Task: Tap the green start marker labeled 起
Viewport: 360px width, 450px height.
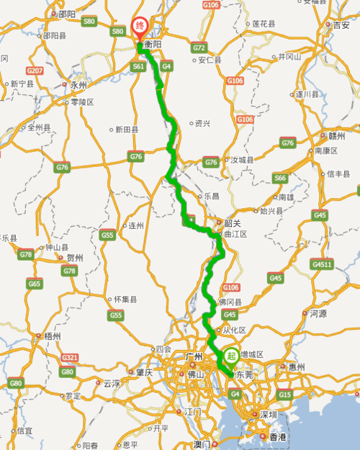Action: point(231,355)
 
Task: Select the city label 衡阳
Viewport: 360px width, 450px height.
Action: point(152,44)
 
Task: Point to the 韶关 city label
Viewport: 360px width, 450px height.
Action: point(232,222)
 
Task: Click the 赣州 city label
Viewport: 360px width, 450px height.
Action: point(337,135)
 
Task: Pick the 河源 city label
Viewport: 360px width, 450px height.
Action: point(318,313)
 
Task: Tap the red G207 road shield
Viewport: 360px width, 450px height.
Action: point(35,71)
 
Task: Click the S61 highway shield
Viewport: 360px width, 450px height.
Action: point(139,66)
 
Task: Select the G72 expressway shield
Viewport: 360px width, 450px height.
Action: point(199,48)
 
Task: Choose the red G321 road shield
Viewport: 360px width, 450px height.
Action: point(70,357)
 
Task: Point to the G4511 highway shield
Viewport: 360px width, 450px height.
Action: point(321,264)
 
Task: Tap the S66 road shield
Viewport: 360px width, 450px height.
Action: point(280,178)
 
